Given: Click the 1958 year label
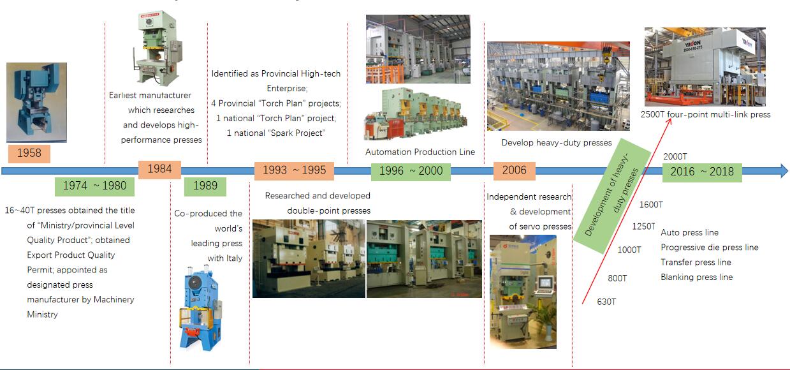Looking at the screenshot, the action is click(x=29, y=154).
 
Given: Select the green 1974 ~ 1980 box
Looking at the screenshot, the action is click(x=94, y=186).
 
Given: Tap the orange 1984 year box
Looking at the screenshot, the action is click(x=159, y=170).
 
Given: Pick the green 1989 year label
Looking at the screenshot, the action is click(x=205, y=186).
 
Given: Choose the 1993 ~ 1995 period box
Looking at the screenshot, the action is click(x=294, y=171).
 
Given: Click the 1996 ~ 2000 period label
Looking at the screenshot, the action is click(x=411, y=172).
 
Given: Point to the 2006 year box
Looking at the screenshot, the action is click(x=514, y=171).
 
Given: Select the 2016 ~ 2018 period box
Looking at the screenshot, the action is click(x=702, y=172).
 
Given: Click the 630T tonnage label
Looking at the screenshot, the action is click(x=606, y=302).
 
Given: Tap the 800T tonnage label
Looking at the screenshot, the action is click(x=617, y=278).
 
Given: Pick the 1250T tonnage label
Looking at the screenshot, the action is click(x=643, y=226).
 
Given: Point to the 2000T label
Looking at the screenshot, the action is click(x=675, y=156).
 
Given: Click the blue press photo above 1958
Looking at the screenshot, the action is click(x=37, y=103).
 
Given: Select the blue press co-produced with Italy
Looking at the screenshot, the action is click(x=201, y=309).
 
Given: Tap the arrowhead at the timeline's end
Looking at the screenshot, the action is click(x=785, y=171).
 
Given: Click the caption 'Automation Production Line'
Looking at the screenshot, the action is click(x=420, y=152).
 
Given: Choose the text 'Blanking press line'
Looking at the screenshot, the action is click(x=696, y=277).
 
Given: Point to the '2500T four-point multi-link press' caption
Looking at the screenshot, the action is click(x=705, y=115).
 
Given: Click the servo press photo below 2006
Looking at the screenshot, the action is click(x=523, y=292).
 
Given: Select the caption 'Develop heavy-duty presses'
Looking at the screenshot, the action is click(x=557, y=143).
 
